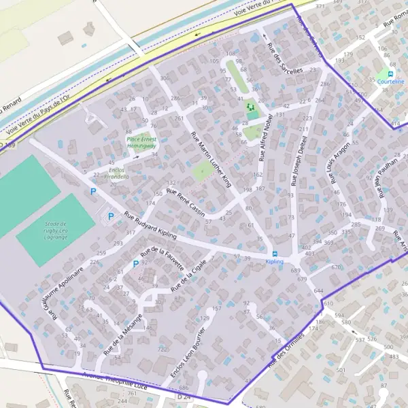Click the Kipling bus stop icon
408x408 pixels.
(274, 253)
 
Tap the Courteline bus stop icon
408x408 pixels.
(390, 73)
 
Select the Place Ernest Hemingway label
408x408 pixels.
(141, 142)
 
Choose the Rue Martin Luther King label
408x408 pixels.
(211, 160)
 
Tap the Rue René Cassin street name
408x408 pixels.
(186, 201)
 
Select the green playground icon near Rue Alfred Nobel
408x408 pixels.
(251, 106)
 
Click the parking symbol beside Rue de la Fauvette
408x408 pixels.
(136, 263)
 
